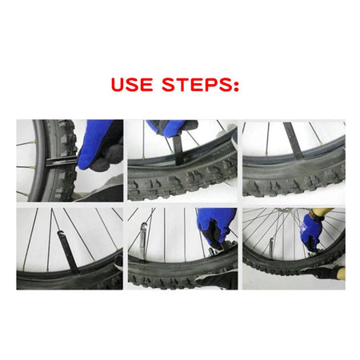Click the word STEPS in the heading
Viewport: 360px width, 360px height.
point(198,84)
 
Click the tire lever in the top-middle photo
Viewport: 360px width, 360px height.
point(178,148)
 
